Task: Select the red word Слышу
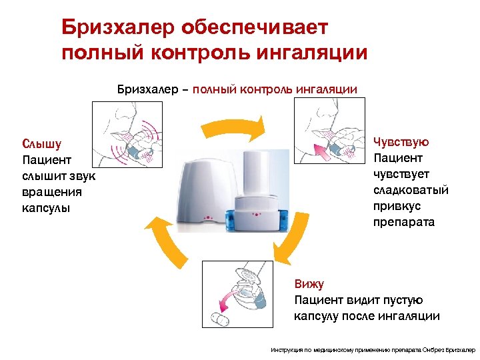coord(42,144)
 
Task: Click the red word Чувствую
coord(401,142)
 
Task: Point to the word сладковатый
coord(411,190)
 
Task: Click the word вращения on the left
coord(52,192)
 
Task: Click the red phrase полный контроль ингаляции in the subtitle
coord(275,89)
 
